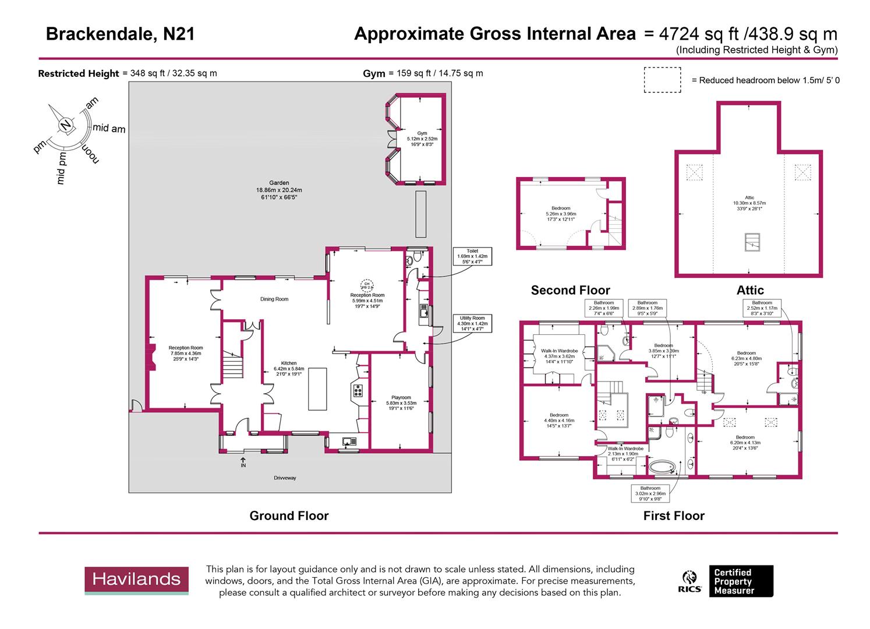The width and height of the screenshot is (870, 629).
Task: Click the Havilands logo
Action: [x=137, y=580]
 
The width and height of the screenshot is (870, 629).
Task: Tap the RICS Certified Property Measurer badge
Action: [x=728, y=581]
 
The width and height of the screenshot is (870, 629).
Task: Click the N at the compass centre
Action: [x=66, y=125]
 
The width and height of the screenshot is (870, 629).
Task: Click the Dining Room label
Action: [x=274, y=299]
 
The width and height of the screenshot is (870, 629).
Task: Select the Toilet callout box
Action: [x=472, y=257]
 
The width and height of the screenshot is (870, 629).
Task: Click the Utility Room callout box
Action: [x=472, y=324]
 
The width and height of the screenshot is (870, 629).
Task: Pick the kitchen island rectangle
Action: [x=317, y=388]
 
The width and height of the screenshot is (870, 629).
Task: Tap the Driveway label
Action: [x=285, y=478]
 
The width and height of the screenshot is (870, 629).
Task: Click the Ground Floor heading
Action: [x=289, y=516]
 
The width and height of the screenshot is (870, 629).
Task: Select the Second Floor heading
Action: [x=570, y=290]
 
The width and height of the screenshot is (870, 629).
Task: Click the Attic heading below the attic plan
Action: [x=750, y=290]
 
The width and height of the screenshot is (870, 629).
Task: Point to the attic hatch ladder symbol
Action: [x=752, y=242]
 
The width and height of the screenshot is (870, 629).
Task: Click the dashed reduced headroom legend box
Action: [x=662, y=80]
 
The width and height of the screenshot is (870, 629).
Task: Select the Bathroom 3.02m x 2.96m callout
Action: [x=650, y=493]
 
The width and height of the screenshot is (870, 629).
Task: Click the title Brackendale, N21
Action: [x=120, y=34]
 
